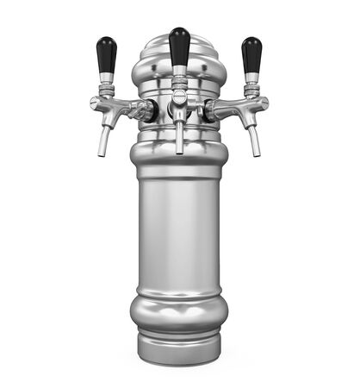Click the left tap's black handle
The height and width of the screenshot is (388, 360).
(106, 55)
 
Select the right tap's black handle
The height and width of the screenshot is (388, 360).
(251, 55)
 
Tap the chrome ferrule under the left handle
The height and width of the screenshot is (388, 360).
(106, 83)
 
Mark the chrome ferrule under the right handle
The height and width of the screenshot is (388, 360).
(251, 83)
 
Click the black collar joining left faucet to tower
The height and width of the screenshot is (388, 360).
(149, 110)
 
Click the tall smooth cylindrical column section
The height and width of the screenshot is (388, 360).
(179, 233)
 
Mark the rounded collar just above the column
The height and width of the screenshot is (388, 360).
(179, 160)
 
